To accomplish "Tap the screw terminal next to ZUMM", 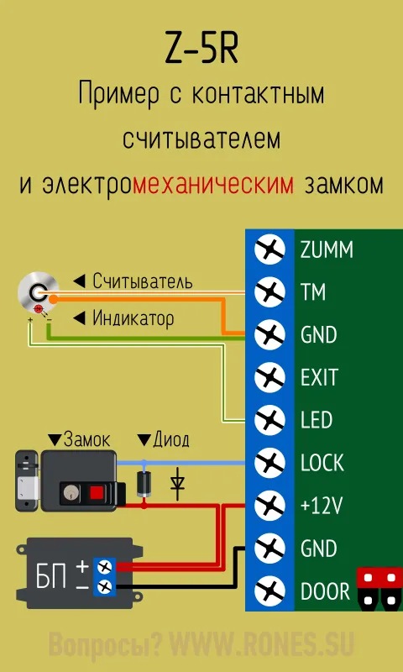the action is pyautogui.click(x=270, y=249).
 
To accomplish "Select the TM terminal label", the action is pyautogui.click(x=313, y=292).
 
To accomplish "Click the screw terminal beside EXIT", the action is pyautogui.click(x=270, y=377).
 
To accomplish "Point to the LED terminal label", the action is pyautogui.click(x=317, y=421).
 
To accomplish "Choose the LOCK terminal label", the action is pyautogui.click(x=322, y=464).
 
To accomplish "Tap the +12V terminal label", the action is pyautogui.click(x=322, y=507).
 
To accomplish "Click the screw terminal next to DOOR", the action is pyautogui.click(x=270, y=592).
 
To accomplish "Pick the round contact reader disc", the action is pyautogui.click(x=38, y=292).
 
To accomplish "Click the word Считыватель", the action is pyautogui.click(x=143, y=281).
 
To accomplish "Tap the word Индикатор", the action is pyautogui.click(x=133, y=318).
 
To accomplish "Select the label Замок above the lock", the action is pyautogui.click(x=86, y=440).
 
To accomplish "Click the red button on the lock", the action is pyautogui.click(x=97, y=493).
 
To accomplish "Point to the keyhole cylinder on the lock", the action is pyautogui.click(x=69, y=493).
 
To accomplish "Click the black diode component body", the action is pyautogui.click(x=144, y=485).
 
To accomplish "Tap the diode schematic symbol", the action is pyautogui.click(x=176, y=485).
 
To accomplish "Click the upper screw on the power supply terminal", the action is pyautogui.click(x=104, y=568).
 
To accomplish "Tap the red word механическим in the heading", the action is pyautogui.click(x=213, y=185).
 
